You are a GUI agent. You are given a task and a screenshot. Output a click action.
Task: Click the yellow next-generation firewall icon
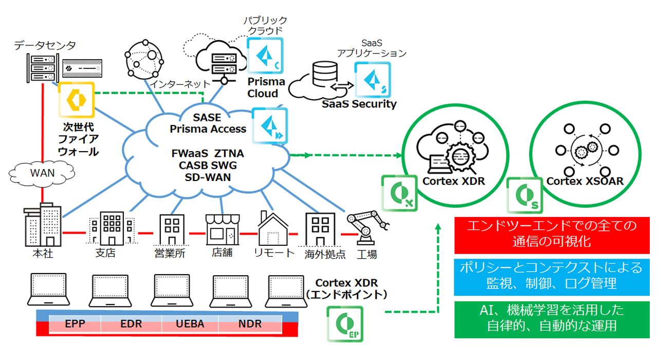pos(75,100)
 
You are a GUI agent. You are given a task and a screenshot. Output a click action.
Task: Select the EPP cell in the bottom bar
pos(75,324)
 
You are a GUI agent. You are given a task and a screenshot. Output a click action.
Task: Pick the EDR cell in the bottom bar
pos(131,324)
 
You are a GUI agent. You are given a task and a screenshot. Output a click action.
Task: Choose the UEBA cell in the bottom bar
pos(190,324)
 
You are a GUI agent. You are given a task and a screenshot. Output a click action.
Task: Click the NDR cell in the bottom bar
pos(250,324)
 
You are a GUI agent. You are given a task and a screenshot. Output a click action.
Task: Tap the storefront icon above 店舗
pos(222,229)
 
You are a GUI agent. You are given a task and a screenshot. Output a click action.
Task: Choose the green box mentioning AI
pos(552,319)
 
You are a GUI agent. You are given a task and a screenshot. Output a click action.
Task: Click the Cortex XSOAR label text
pos(584,181)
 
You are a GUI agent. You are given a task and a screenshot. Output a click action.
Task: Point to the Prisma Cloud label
pos(266,88)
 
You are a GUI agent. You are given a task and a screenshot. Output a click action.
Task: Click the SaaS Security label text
pos(359,104)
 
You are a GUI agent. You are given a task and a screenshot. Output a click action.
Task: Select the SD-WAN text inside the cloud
pos(208,177)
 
